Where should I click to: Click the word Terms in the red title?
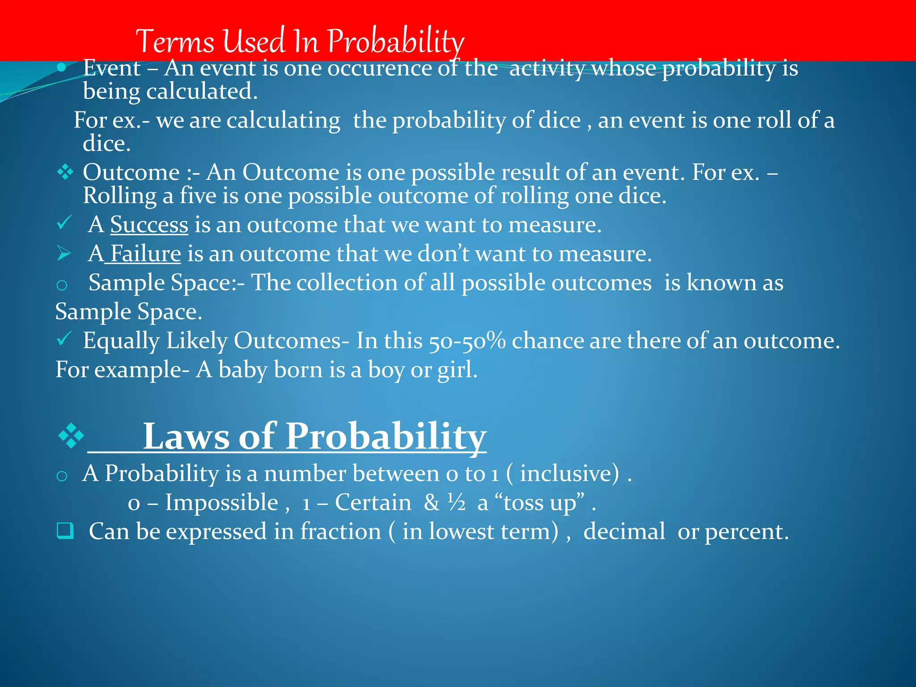(x=175, y=41)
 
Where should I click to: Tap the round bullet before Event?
(x=62, y=68)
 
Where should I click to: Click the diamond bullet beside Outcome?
(x=65, y=172)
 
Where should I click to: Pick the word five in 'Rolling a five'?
(x=198, y=196)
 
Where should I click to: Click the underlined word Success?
(x=149, y=225)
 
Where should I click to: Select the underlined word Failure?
(x=145, y=254)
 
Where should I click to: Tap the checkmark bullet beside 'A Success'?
(x=64, y=222)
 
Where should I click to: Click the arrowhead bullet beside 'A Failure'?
(x=64, y=254)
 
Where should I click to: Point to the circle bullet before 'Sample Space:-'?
(x=62, y=285)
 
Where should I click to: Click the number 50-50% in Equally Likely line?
(x=467, y=341)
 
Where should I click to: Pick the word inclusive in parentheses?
(x=569, y=473)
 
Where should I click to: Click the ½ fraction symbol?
(x=457, y=502)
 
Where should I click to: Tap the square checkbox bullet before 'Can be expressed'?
(x=65, y=531)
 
